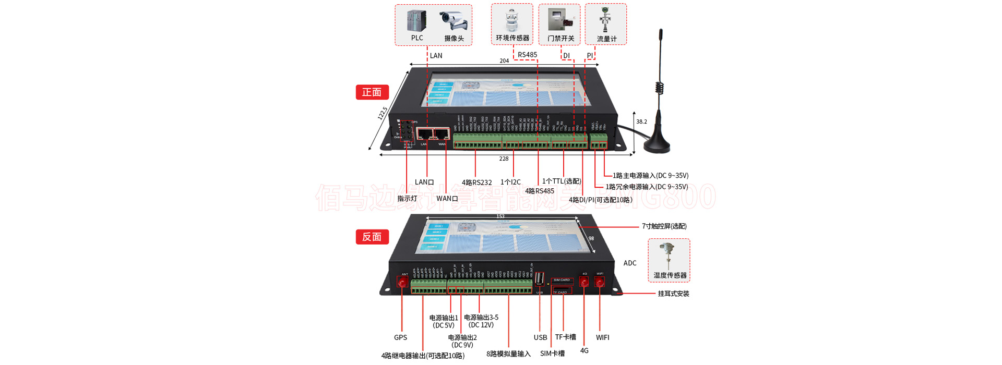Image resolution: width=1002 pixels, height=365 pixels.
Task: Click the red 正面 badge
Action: coord(372,92)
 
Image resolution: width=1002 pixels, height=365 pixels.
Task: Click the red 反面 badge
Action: coord(372,237)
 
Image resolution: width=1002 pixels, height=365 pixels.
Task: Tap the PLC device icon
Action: coord(417,21)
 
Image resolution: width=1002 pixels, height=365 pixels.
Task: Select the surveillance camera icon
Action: coord(454,20)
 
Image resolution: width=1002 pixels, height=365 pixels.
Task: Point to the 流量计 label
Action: coord(606,39)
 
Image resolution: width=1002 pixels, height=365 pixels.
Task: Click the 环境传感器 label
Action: coord(512,38)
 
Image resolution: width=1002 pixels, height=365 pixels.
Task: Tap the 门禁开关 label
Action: coord(560,39)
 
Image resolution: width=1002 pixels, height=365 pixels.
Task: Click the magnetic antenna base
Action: coord(656,145)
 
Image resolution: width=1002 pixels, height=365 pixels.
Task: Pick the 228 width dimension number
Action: coord(504,159)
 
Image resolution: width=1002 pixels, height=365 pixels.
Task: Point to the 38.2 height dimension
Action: coord(641,122)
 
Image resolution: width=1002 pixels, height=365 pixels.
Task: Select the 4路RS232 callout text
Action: coord(476,182)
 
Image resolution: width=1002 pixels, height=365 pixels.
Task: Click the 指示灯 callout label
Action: coord(407,199)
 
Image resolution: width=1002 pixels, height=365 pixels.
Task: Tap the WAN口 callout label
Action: coord(447,199)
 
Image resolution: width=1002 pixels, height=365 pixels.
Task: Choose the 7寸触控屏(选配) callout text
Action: coord(664,226)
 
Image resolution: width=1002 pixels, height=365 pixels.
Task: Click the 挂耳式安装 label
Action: coord(673,294)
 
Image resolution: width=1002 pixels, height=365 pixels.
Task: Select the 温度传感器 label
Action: coord(670,275)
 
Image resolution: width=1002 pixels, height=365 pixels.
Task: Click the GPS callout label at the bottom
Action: coord(400,337)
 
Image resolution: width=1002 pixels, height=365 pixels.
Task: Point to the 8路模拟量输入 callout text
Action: coord(508,354)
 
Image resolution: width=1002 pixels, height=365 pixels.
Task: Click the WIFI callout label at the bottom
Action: coord(602,337)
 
